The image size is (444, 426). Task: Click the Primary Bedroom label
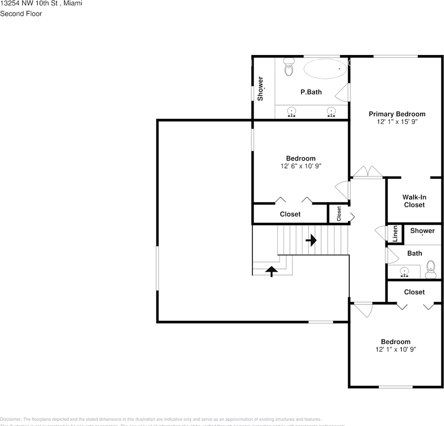[x=397, y=114]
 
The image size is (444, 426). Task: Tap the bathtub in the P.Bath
[x=325, y=69]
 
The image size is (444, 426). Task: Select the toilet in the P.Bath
[x=289, y=67]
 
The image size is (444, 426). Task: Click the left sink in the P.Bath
[x=291, y=111]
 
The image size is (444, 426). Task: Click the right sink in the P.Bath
[x=331, y=111]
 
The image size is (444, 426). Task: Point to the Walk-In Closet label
[x=413, y=201]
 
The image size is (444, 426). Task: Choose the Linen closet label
[x=395, y=233]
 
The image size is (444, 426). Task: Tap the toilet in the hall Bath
[x=430, y=270]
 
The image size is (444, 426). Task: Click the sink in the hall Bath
[x=404, y=271]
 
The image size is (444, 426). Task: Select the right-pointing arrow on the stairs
[x=311, y=241]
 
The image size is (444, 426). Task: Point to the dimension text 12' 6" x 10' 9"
[x=300, y=166]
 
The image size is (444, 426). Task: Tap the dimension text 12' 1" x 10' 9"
[x=396, y=349]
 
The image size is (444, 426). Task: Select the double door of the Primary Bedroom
[x=367, y=173]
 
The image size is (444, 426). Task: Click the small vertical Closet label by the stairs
[x=339, y=214]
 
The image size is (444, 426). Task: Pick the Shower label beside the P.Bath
[x=261, y=88]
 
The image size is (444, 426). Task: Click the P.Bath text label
[x=311, y=92]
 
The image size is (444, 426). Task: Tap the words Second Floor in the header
[x=21, y=14]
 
